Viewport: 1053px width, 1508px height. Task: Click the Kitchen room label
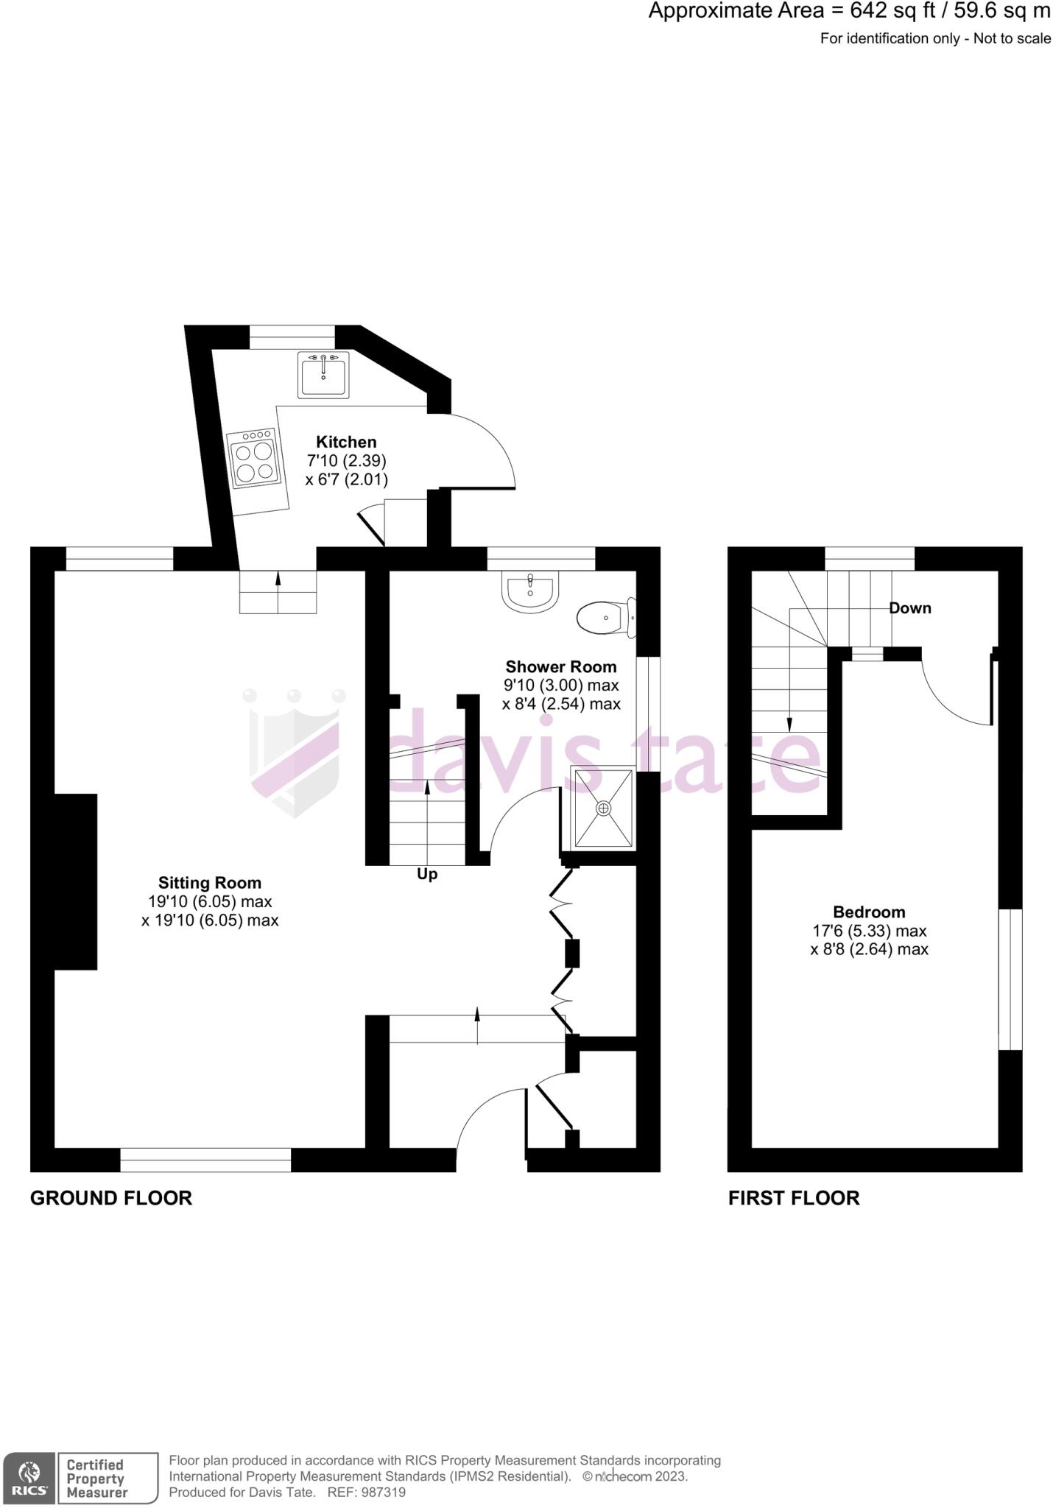(346, 442)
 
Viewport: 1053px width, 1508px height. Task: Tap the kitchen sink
(323, 374)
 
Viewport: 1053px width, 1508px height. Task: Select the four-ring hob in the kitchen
(255, 459)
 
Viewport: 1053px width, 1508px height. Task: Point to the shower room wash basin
(529, 592)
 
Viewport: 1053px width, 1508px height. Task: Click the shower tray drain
(604, 808)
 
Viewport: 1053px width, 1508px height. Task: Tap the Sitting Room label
(210, 882)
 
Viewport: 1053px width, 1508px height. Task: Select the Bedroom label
(869, 912)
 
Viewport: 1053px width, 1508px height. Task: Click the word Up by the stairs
(427, 874)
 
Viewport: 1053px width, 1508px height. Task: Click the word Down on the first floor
(910, 608)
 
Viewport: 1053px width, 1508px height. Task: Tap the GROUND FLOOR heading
(111, 1198)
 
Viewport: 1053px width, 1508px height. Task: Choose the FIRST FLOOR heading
(794, 1198)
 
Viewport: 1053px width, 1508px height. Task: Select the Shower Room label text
(561, 667)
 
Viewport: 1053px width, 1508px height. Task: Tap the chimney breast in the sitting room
(75, 881)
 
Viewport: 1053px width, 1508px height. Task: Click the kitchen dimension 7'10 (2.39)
(346, 461)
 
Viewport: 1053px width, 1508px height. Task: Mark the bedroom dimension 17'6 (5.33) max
(869, 931)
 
